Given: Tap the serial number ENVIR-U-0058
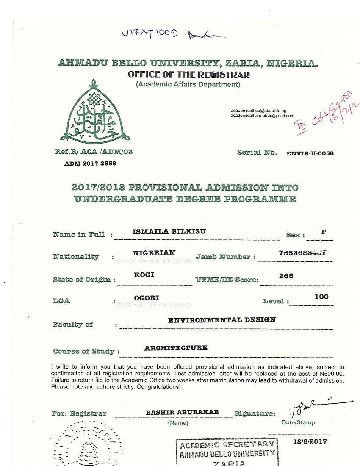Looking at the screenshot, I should click(x=310, y=153).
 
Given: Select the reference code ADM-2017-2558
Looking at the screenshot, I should click(x=90, y=163).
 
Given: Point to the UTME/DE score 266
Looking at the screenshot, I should click(x=286, y=276).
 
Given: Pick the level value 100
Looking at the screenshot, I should click(x=321, y=297).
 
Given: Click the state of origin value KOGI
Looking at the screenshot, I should click(x=144, y=275).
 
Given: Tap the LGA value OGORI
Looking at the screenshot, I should click(x=146, y=298).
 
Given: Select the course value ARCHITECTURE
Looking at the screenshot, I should click(x=176, y=348).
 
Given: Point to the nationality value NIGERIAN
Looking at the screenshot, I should click(x=154, y=253).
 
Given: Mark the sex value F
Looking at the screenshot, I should click(x=324, y=232).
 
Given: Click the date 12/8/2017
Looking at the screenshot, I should click(x=310, y=441).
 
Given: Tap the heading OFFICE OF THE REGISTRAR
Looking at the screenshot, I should click(x=188, y=75).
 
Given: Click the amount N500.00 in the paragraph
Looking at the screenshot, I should click(x=331, y=374).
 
